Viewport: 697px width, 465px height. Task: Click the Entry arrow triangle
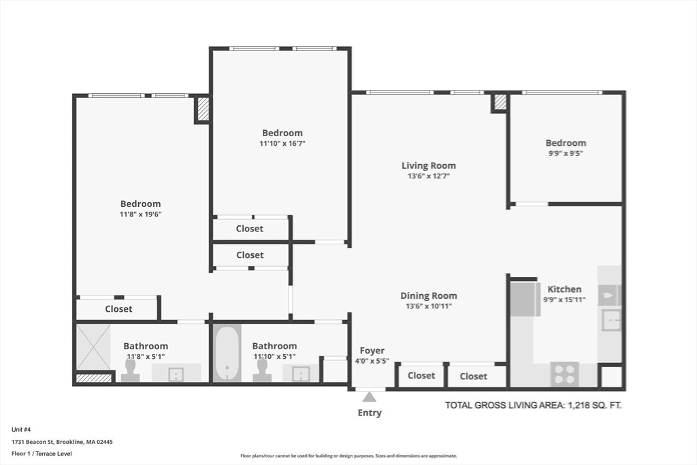(369, 396)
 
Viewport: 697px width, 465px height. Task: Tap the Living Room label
(429, 165)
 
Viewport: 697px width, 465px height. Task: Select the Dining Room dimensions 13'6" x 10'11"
(429, 306)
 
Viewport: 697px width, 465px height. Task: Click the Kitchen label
(564, 289)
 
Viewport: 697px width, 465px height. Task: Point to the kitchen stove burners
(564, 374)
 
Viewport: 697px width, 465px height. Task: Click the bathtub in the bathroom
(227, 353)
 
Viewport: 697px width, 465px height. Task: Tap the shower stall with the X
(93, 347)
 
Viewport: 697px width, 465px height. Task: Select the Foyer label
(372, 351)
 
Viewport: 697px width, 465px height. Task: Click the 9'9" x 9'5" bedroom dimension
(566, 153)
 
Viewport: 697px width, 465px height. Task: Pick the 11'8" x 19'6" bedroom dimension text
(140, 214)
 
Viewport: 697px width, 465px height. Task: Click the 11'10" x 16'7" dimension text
(282, 144)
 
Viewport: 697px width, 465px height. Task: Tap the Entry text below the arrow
(370, 413)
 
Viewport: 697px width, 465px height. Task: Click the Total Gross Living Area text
(534, 405)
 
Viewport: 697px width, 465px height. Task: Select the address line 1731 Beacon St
(62, 442)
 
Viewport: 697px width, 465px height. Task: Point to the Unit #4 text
(21, 430)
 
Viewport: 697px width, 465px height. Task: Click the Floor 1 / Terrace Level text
(42, 453)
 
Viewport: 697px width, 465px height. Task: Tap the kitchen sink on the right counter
(611, 320)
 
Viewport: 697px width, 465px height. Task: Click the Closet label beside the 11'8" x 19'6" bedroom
(118, 308)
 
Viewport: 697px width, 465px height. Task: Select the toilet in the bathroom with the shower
(130, 371)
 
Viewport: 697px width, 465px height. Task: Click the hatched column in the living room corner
(500, 102)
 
